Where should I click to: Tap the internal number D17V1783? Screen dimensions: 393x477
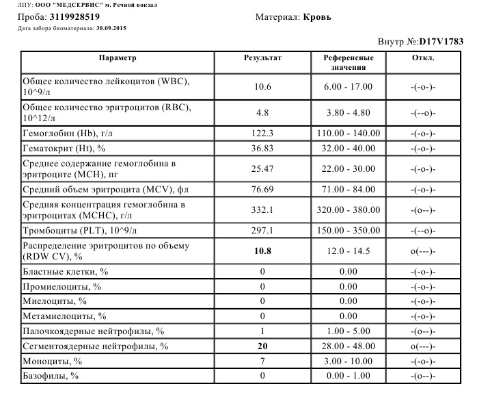point(441,42)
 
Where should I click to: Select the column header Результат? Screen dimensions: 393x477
point(262,58)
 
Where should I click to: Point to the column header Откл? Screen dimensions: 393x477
point(424,58)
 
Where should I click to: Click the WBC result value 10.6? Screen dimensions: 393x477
point(262,87)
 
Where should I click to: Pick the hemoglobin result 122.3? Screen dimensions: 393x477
point(262,132)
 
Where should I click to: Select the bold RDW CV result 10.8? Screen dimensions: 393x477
point(262,251)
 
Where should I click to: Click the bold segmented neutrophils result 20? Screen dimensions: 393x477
point(262,346)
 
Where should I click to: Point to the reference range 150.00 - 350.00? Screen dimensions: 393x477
point(349,231)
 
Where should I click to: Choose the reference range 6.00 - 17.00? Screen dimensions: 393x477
point(349,87)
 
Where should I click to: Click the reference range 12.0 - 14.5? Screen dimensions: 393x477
point(349,251)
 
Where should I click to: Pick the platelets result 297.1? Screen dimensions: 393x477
point(262,231)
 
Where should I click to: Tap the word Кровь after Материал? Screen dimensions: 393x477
point(316,16)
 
